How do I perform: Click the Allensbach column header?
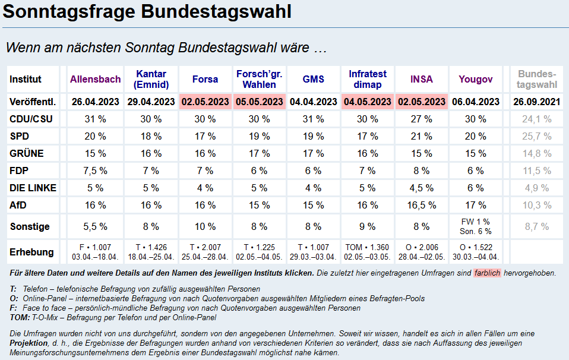[95, 79]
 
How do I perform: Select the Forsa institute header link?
[205, 79]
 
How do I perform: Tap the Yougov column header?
[475, 79]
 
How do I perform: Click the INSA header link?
[421, 79]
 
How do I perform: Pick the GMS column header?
[314, 79]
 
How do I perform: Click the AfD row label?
[18, 205]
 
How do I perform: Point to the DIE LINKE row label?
[33, 188]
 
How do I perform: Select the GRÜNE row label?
[27, 153]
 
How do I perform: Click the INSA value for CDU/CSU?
[421, 119]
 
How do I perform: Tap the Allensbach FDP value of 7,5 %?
[95, 170]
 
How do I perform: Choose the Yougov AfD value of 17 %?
[475, 205]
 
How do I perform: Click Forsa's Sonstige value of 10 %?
[205, 226]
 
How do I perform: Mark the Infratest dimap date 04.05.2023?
[368, 102]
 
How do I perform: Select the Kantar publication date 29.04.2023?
[151, 102]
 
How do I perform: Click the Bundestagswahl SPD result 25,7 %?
[536, 136]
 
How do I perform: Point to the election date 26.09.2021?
[536, 102]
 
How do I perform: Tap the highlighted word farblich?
[487, 273]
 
